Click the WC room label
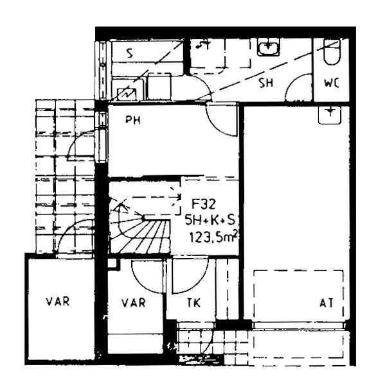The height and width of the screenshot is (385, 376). [x=332, y=83]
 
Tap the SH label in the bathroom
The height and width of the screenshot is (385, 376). [x=266, y=83]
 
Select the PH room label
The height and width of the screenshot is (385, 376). [x=133, y=120]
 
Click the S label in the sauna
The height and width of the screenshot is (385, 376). [x=129, y=53]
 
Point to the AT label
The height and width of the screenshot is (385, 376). [x=327, y=303]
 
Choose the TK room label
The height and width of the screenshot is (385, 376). [x=193, y=303]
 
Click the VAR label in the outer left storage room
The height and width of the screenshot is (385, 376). [x=58, y=302]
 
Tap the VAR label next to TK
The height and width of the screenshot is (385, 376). [x=134, y=303]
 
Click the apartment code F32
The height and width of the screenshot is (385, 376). [x=204, y=204]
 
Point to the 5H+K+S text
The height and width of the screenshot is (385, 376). [x=210, y=220]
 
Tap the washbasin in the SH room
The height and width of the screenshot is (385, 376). [x=269, y=48]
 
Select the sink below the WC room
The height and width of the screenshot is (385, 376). [x=330, y=115]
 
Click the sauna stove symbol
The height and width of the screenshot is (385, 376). [x=127, y=94]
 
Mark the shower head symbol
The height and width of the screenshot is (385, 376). [x=203, y=44]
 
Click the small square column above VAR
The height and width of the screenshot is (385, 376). [x=112, y=263]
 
